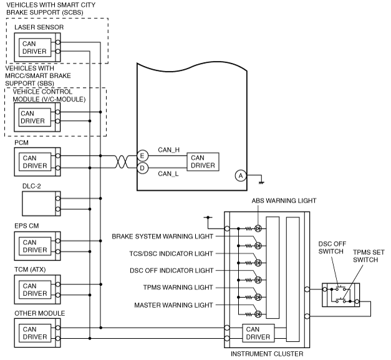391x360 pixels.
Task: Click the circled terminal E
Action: click(x=142, y=156)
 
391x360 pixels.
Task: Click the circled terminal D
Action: click(x=142, y=168)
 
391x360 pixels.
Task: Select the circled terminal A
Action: click(x=241, y=176)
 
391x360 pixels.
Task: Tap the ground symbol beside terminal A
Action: click(x=261, y=182)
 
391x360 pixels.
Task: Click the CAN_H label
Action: click(x=169, y=149)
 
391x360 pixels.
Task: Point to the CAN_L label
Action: click(x=168, y=174)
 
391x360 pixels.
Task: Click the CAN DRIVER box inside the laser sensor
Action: click(x=35, y=47)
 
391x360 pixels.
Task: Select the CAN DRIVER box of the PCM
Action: click(x=35, y=162)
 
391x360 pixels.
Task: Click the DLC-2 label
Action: click(x=31, y=186)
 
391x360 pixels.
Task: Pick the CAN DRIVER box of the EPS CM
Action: click(x=35, y=246)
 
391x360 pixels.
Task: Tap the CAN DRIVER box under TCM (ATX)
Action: click(x=35, y=290)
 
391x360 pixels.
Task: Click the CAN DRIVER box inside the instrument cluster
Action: click(x=258, y=333)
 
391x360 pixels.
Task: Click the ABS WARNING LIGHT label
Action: click(x=284, y=201)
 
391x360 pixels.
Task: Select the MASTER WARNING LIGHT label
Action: click(x=173, y=305)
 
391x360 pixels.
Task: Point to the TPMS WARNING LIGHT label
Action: click(x=178, y=287)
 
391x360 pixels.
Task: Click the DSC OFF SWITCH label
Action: click(x=332, y=247)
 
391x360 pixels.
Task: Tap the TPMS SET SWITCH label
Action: click(x=369, y=256)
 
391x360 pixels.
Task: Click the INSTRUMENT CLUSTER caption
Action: click(x=267, y=354)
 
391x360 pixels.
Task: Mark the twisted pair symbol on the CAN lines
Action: click(x=122, y=162)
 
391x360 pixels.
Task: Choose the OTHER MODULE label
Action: click(x=40, y=313)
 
